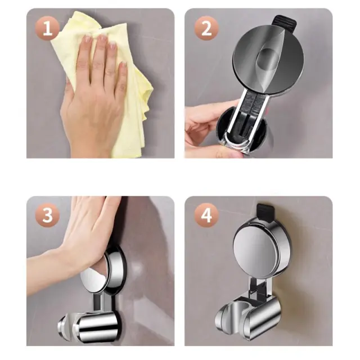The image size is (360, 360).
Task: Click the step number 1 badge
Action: tap(47, 28)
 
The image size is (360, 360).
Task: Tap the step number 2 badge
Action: tap(206, 28)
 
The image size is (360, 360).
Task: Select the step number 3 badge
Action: tap(47, 215)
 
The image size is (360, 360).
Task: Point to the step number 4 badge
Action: tap(206, 215)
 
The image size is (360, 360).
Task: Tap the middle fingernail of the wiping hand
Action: tap(102, 38)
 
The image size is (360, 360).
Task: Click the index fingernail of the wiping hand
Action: tap(87, 39)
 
